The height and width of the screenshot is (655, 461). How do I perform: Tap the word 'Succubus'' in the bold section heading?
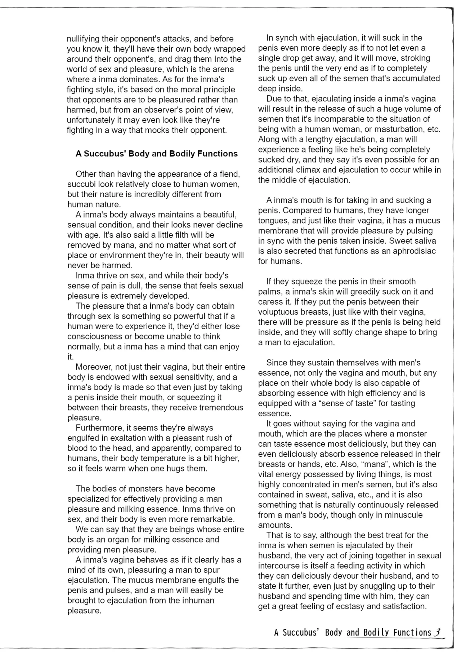(x=105, y=154)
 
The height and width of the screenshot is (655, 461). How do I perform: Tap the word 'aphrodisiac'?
(x=414, y=251)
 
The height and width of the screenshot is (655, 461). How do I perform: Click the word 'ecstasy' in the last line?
(x=355, y=606)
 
